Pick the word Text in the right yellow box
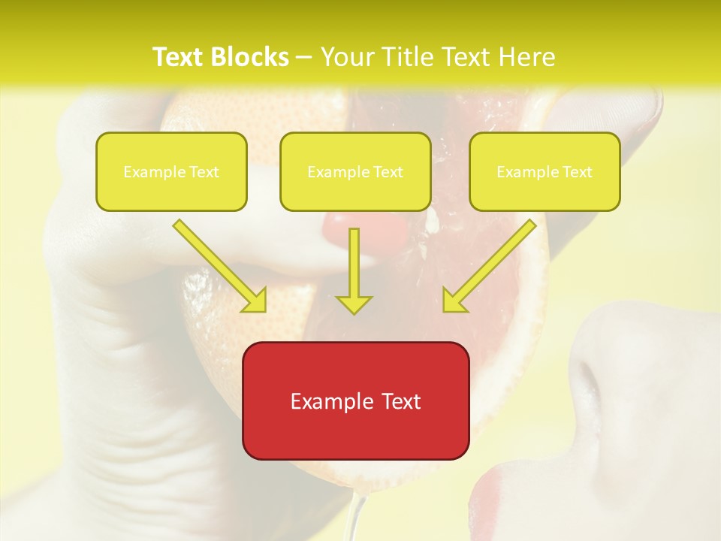577,172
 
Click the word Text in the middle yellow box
388,172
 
